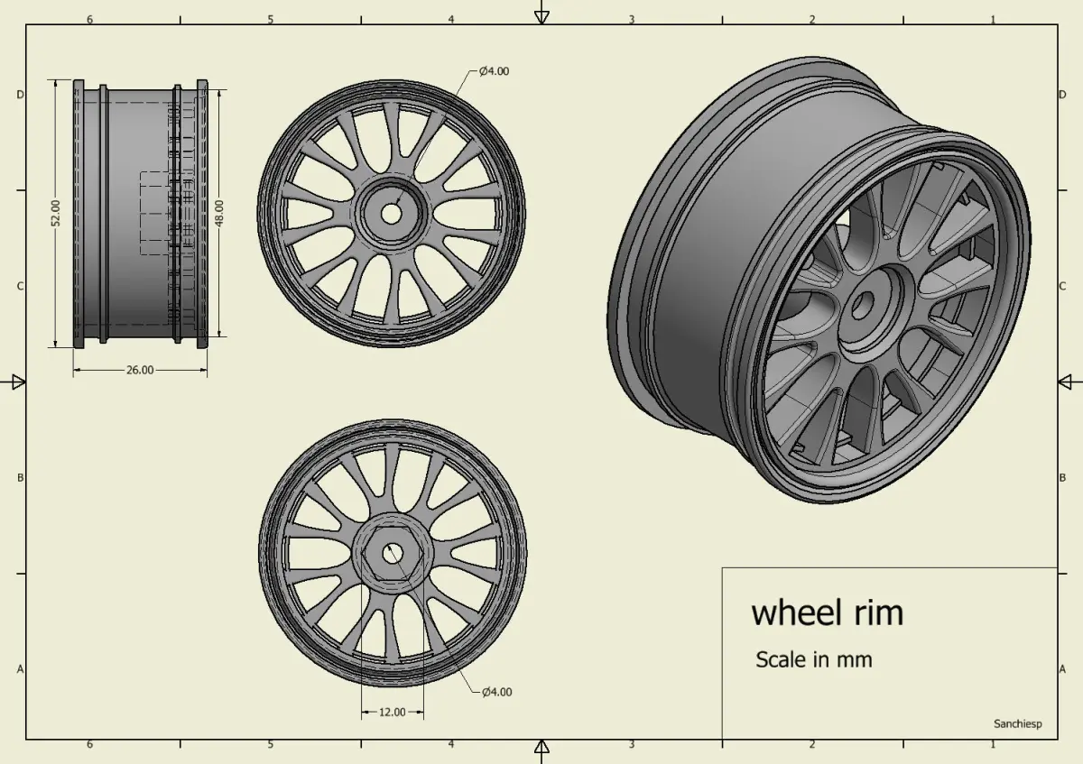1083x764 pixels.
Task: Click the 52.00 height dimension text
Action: click(56, 213)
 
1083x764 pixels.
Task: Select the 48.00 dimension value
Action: click(219, 213)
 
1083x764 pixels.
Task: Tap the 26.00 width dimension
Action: click(140, 370)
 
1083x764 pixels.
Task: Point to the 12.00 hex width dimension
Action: click(392, 713)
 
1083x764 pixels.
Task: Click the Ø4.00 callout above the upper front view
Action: click(495, 71)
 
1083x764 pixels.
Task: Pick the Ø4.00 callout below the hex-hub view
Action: click(497, 692)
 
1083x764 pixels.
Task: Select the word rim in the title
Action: click(879, 612)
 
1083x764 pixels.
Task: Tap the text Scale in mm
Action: click(814, 659)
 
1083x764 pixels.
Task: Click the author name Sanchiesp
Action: click(1018, 724)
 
